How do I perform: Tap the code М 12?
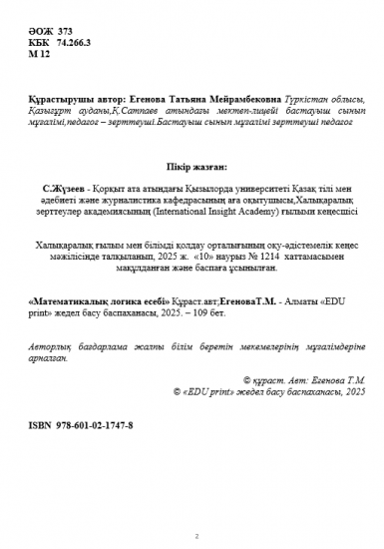38,57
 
